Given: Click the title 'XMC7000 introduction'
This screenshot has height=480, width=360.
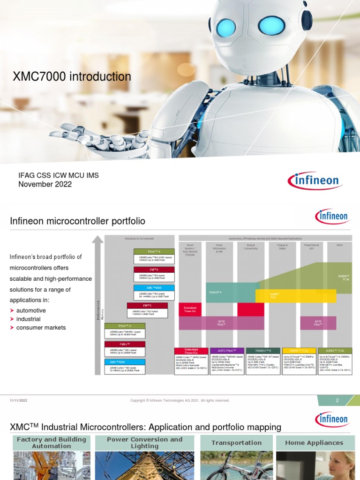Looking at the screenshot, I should coord(72,76).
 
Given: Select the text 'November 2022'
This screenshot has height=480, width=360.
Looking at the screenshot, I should coord(45,184).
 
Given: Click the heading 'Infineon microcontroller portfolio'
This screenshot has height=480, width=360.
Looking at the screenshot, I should coord(77,221).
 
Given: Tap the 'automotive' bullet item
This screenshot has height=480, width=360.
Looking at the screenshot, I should coord(31,310).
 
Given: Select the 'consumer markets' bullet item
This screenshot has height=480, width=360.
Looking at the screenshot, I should coord(41,327).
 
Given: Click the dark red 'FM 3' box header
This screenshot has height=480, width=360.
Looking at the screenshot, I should coord(147,306).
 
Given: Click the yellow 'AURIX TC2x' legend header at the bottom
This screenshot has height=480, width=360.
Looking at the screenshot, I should coord(298,350).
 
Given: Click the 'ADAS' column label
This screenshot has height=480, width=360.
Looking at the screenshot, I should coord(339,245).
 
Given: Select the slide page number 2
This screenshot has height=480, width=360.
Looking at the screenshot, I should coord(337,400).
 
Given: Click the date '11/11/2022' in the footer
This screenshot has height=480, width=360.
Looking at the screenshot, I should coord(19,400).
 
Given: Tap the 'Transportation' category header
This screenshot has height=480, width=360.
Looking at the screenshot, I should coord(236,442).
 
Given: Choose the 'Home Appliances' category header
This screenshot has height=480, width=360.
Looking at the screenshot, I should coord(314,442).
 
